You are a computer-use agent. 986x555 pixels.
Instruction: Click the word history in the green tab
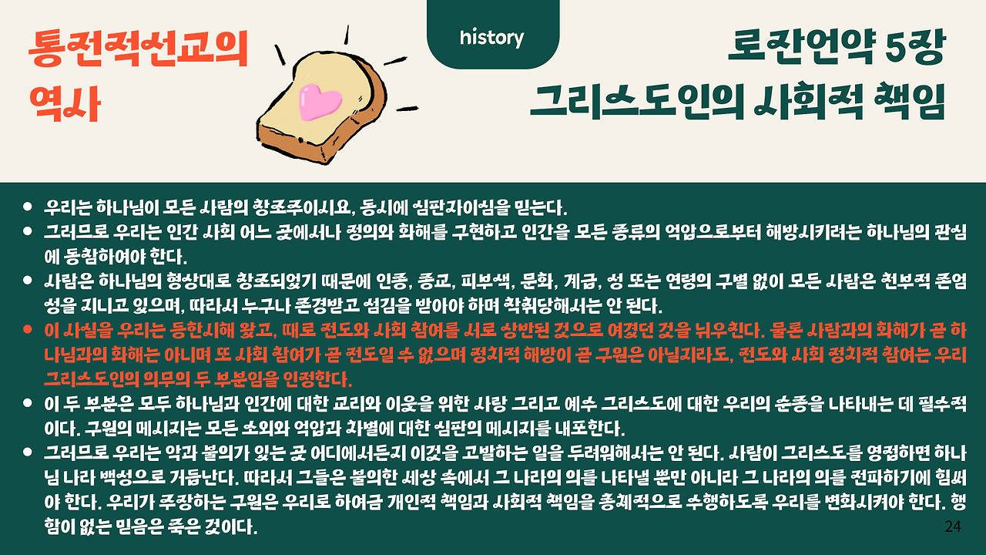pos(491,38)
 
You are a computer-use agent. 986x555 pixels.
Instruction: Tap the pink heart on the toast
pos(320,101)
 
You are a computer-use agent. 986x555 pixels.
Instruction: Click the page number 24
pos(953,526)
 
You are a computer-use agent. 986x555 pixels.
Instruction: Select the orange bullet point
pos(28,329)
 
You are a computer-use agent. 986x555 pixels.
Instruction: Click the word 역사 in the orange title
pos(65,103)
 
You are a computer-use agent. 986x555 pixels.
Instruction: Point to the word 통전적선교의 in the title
pos(139,49)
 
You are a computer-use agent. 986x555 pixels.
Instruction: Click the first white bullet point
pos(28,206)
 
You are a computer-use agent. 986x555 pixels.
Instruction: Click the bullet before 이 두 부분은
pos(28,402)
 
